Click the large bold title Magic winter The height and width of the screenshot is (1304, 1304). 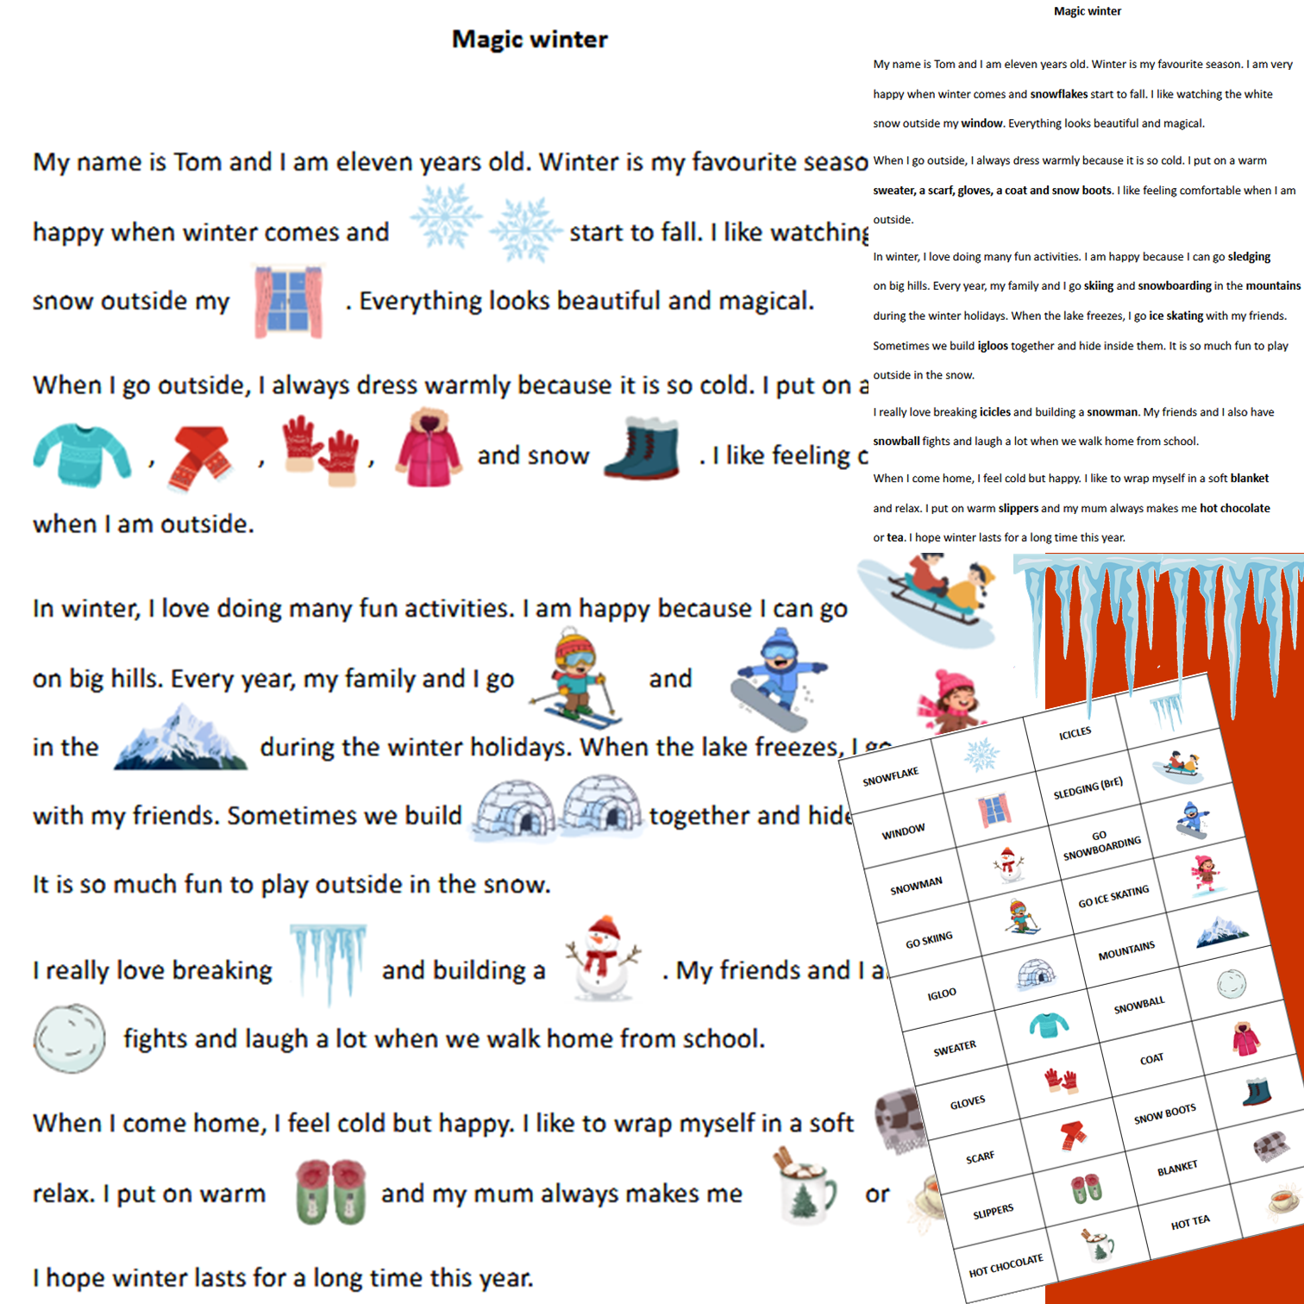click(x=530, y=40)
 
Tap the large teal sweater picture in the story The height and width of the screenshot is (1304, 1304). click(x=81, y=455)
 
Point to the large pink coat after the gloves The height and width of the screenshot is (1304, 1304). click(x=428, y=450)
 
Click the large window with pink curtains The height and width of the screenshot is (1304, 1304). click(x=288, y=302)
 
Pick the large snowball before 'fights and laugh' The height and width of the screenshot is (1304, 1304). click(x=69, y=1038)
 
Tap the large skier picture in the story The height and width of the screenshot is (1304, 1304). click(x=576, y=678)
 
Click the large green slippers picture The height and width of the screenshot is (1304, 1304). click(x=330, y=1192)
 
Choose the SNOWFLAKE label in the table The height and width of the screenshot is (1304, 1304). click(x=890, y=776)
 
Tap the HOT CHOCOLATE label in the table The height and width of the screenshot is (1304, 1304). click(x=1006, y=1265)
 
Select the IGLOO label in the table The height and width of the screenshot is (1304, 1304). click(x=942, y=994)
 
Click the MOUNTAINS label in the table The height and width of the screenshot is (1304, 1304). click(x=1126, y=951)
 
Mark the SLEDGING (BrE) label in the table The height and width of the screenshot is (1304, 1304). click(x=1088, y=788)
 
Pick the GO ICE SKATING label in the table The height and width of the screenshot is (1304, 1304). click(x=1113, y=897)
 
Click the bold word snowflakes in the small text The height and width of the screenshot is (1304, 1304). click(x=1058, y=94)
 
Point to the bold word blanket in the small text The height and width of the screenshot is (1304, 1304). click(x=1250, y=478)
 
